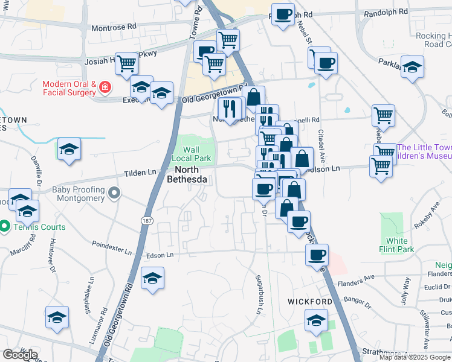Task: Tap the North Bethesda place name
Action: tap(187, 175)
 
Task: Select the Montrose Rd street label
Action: tap(114, 27)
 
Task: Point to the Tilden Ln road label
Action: tap(140, 173)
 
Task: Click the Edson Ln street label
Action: tap(161, 255)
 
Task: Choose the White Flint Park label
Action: tap(401, 245)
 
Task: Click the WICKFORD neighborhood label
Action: tap(309, 301)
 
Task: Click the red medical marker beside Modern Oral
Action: tap(105, 88)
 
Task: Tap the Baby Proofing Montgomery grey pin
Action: tap(115, 193)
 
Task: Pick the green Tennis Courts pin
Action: tap(4, 227)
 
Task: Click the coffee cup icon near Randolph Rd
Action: tap(282, 14)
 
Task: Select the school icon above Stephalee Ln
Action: tap(152, 279)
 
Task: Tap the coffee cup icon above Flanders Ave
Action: tap(317, 255)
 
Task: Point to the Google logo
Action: tap(20, 355)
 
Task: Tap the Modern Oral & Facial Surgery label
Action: tap(69, 88)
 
